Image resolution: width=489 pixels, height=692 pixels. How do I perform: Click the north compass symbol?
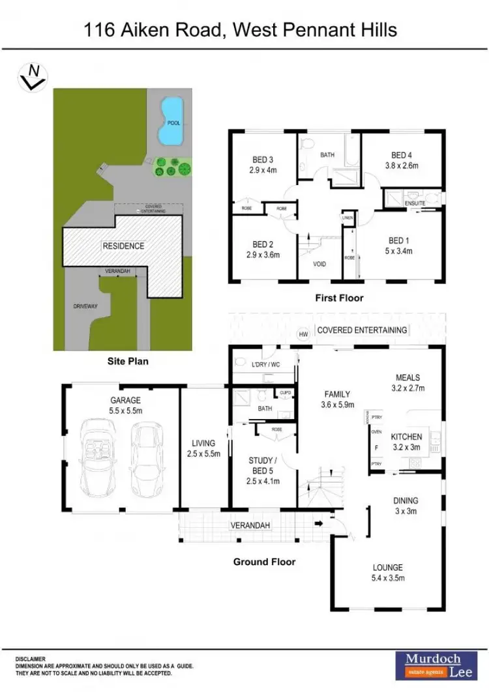click(x=31, y=78)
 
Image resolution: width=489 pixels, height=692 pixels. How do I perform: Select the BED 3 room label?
click(x=263, y=159)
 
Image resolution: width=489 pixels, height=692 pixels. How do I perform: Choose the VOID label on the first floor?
click(x=319, y=264)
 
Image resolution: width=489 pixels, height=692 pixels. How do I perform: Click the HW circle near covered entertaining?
click(x=303, y=334)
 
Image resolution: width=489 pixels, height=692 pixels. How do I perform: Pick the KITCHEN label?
click(x=406, y=437)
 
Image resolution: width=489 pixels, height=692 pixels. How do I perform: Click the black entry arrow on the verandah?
click(x=318, y=523)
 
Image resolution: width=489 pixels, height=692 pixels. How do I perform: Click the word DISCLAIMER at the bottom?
click(x=31, y=659)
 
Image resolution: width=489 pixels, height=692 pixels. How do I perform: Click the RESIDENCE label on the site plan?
click(x=123, y=246)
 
